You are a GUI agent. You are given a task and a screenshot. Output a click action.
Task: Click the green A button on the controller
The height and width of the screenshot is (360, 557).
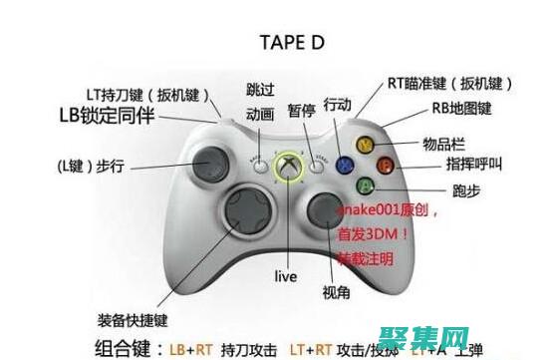coord(366,184)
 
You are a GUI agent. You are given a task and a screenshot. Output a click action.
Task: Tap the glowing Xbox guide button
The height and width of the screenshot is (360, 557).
coord(288,167)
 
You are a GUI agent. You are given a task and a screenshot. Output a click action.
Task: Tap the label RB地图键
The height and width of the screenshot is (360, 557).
coord(461,109)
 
